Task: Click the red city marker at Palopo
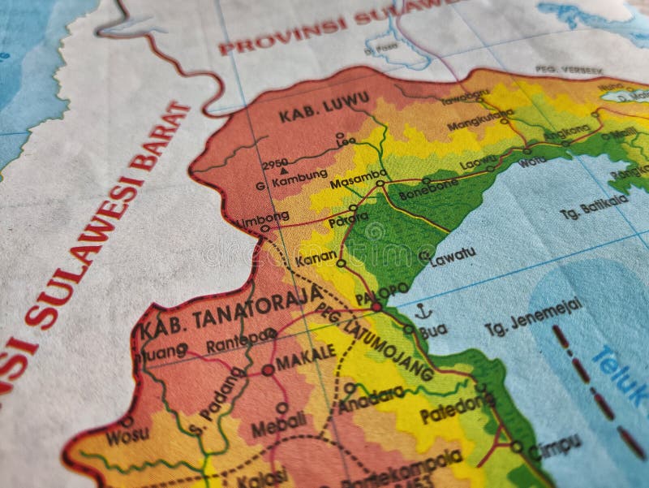pyautogui.click(x=376, y=307)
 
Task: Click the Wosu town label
pyautogui.click(x=127, y=435)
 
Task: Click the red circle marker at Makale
pyautogui.click(x=268, y=369)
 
